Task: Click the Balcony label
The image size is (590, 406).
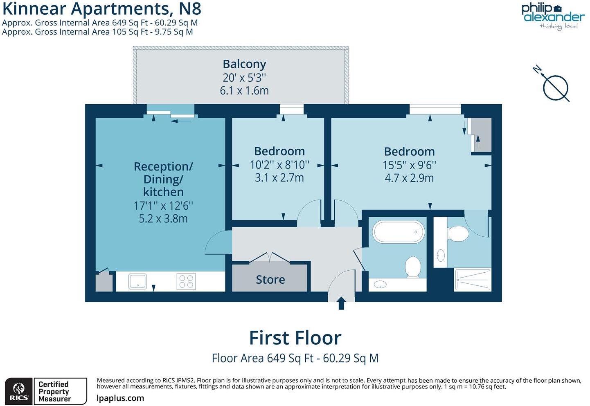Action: [x=244, y=64]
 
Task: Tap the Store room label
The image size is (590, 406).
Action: [x=270, y=280]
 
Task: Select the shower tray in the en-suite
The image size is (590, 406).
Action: [x=472, y=280]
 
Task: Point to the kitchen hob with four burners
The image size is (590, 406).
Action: [x=186, y=281]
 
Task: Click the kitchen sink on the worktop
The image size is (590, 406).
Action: [x=137, y=281]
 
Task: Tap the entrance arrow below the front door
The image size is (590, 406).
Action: [x=341, y=303]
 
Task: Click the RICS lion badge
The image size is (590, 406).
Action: [x=19, y=391]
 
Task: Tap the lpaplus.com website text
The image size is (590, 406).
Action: [x=120, y=398]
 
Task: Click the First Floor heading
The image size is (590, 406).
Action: [x=295, y=338]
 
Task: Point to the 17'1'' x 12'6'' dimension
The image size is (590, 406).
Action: [x=163, y=205]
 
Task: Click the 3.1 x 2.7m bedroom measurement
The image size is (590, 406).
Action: [x=279, y=178]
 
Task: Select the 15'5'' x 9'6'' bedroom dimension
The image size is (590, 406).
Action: [x=409, y=165]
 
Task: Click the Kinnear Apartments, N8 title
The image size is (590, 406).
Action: [x=101, y=9]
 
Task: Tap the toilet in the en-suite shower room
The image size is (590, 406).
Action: [x=458, y=234]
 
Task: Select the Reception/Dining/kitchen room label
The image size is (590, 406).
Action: [x=163, y=179]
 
